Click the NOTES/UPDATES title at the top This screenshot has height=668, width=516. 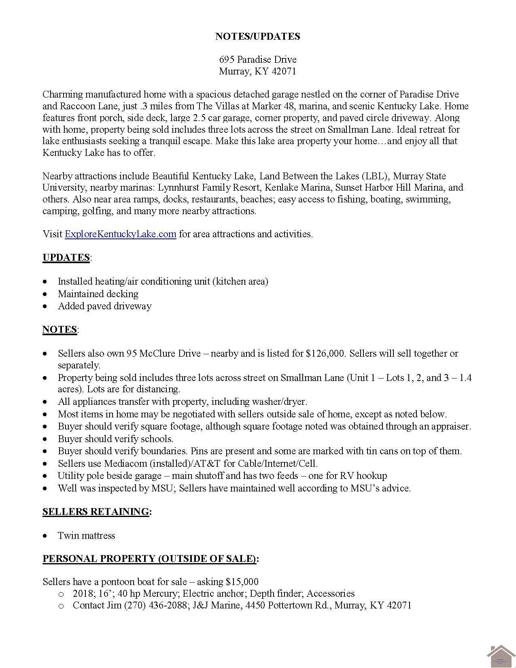click(x=257, y=36)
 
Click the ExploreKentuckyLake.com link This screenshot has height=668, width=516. click(x=120, y=234)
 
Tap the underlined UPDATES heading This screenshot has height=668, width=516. click(x=66, y=258)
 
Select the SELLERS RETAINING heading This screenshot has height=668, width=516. click(x=96, y=512)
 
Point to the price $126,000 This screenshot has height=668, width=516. click(x=326, y=353)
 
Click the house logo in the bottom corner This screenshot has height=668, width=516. click(x=501, y=656)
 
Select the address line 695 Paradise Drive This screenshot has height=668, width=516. click(x=258, y=60)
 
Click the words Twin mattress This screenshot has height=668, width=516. click(x=87, y=536)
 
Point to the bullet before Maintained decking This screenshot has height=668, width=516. click(x=47, y=294)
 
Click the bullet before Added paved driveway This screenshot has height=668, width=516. click(x=47, y=306)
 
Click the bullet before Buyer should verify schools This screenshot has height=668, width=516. click(x=47, y=439)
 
